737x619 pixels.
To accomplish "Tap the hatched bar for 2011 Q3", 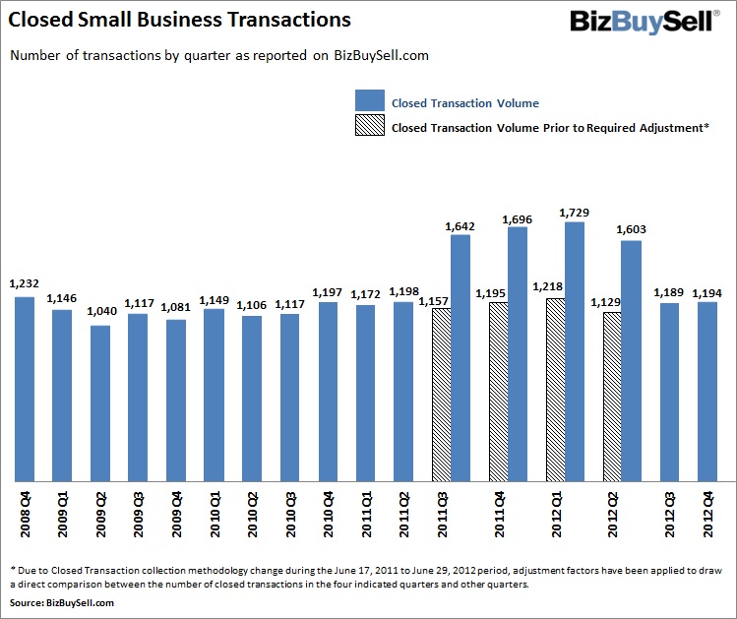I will tap(441, 394).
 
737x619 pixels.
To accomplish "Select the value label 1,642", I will tap(461, 225).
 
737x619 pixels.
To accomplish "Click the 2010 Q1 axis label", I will tap(215, 512).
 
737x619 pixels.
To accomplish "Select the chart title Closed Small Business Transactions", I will tap(180, 20).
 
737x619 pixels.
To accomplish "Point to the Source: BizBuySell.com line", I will tap(56, 600).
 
